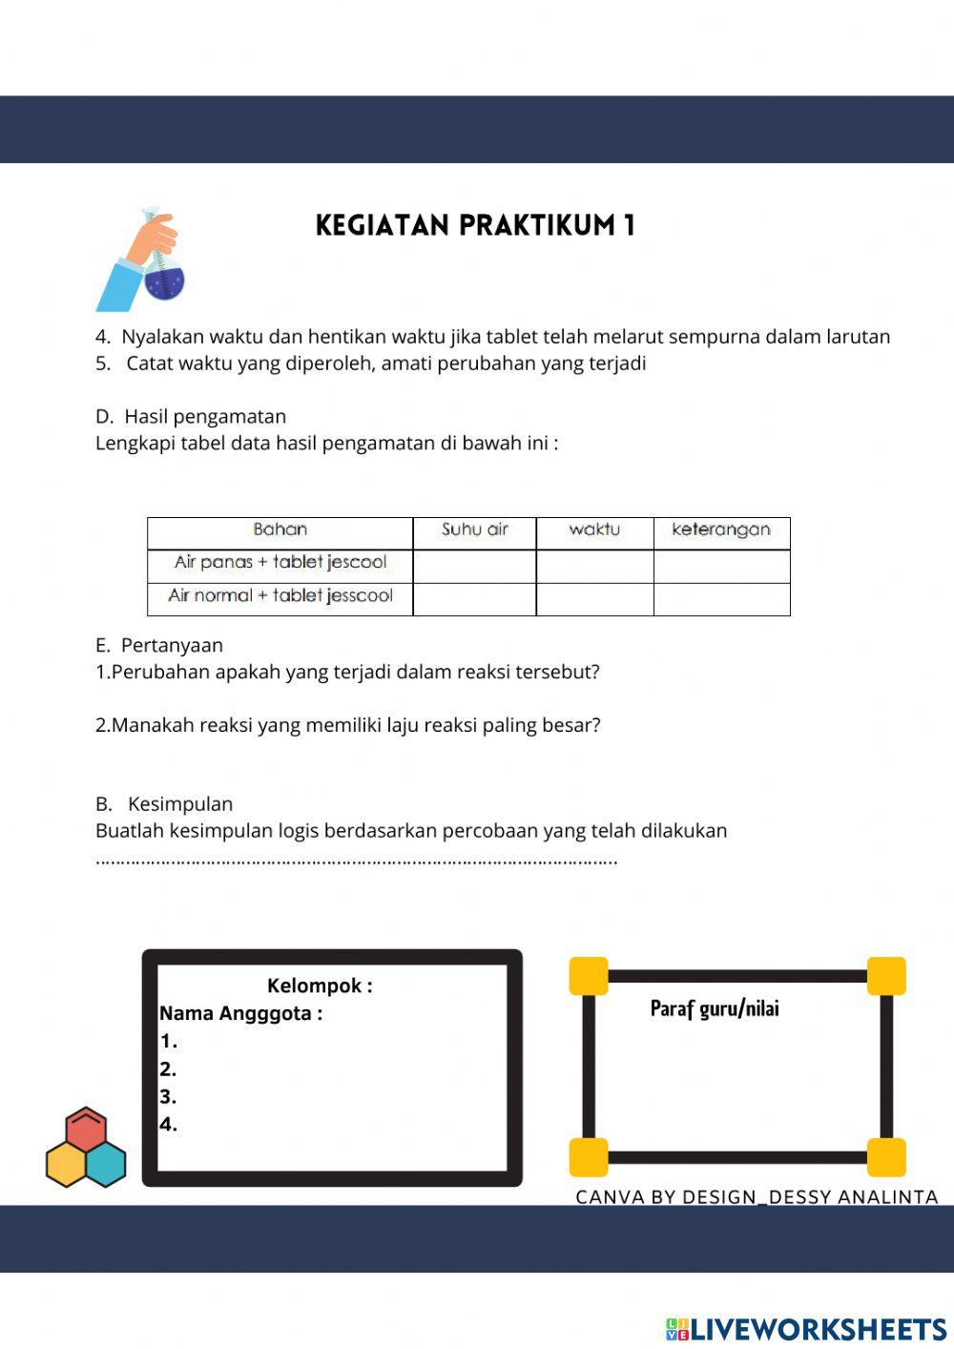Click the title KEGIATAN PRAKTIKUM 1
click(475, 225)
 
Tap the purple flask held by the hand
click(164, 280)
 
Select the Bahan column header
click(280, 530)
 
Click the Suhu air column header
click(474, 530)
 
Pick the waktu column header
click(594, 530)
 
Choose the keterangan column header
click(721, 530)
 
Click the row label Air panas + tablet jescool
click(280, 563)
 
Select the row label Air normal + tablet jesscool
click(280, 596)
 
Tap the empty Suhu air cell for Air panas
click(474, 565)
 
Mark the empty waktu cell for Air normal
click(594, 599)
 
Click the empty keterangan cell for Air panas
click(721, 565)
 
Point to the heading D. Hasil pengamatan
click(191, 417)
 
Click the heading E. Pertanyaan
click(159, 646)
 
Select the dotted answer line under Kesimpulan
click(357, 861)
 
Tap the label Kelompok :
click(320, 986)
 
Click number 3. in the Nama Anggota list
click(168, 1097)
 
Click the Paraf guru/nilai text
click(715, 1009)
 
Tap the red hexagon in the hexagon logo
click(86, 1131)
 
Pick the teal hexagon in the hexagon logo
click(105, 1164)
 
